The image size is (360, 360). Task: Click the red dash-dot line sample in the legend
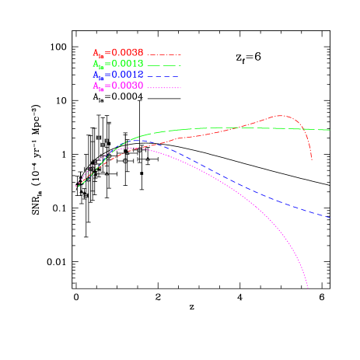[164, 54]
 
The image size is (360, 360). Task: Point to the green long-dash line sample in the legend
[164, 65]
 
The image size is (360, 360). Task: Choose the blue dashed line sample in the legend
[164, 76]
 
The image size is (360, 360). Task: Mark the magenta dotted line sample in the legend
[164, 87]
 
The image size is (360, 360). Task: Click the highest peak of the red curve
[281, 116]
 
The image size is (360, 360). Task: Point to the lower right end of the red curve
[312, 159]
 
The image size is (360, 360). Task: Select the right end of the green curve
[330, 130]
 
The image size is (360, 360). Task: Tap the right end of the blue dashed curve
[330, 217]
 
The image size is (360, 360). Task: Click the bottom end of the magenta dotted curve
[308, 288]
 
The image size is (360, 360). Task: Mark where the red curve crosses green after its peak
[300, 128]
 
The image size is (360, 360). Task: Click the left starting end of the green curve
[76, 187]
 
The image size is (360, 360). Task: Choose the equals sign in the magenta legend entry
[108, 86]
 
